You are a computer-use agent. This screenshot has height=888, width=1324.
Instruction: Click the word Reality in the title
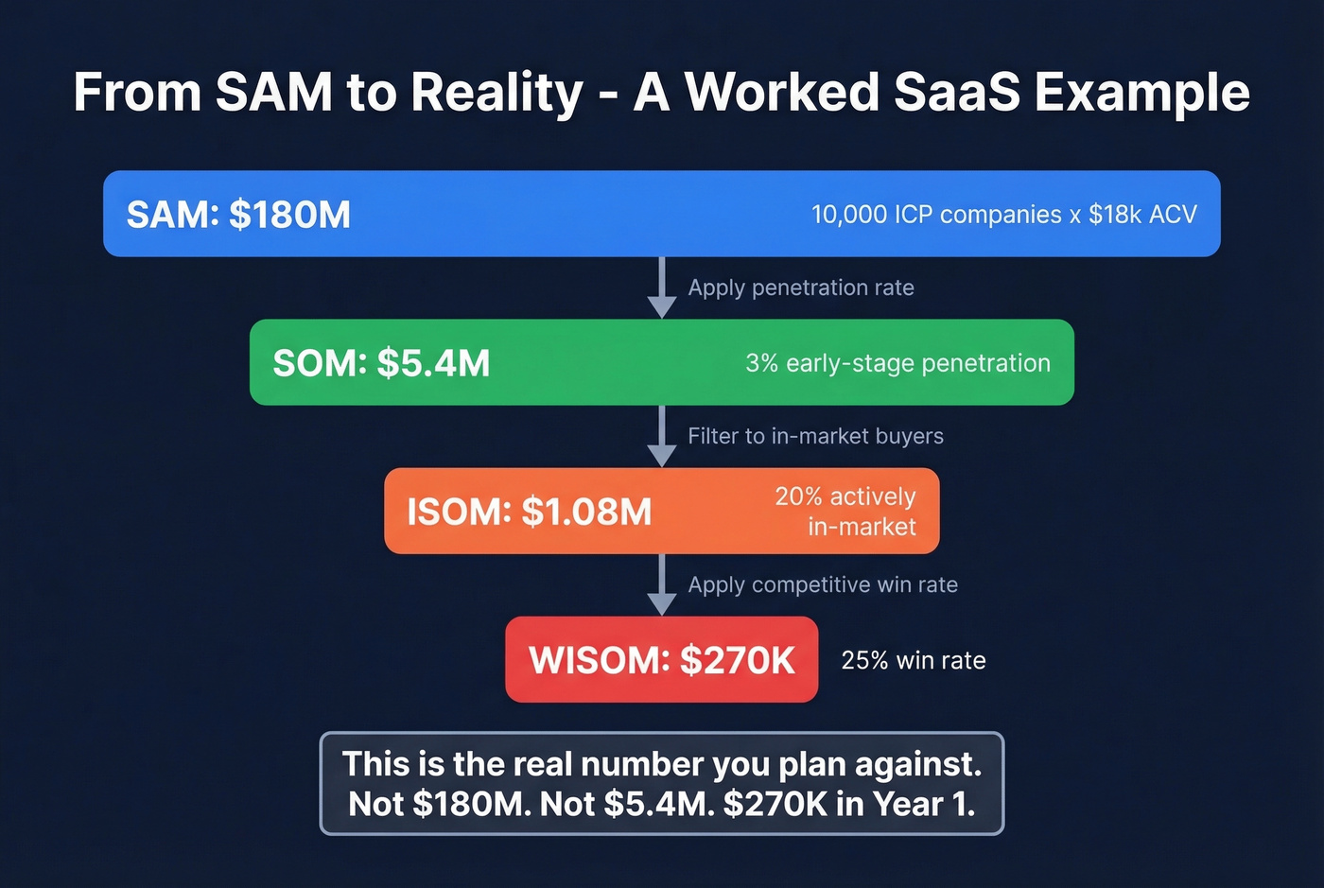[497, 93]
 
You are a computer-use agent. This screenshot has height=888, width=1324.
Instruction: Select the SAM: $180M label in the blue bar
[238, 215]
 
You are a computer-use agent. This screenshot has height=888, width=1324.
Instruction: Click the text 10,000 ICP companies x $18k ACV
[1003, 215]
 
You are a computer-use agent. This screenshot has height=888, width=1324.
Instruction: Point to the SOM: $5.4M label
[381, 363]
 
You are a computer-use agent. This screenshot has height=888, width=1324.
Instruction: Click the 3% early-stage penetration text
[897, 363]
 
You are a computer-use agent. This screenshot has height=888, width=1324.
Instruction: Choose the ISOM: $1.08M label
[529, 512]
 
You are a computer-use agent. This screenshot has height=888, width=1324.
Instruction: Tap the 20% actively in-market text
[845, 512]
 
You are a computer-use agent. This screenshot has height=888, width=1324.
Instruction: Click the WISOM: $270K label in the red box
[661, 660]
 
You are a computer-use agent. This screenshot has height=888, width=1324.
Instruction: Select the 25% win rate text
[913, 660]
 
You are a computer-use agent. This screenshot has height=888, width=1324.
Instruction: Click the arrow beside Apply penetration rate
[662, 289]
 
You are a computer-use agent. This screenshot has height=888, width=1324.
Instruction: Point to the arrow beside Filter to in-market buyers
[662, 438]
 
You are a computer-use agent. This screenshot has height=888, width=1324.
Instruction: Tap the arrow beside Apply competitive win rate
[662, 586]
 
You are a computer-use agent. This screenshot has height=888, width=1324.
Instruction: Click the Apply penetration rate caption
[801, 287]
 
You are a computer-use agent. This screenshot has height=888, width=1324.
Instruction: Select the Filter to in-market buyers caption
[815, 436]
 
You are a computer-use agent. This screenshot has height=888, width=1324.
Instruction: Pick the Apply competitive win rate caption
[823, 584]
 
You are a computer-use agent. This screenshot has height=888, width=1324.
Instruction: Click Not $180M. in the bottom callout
[439, 804]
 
